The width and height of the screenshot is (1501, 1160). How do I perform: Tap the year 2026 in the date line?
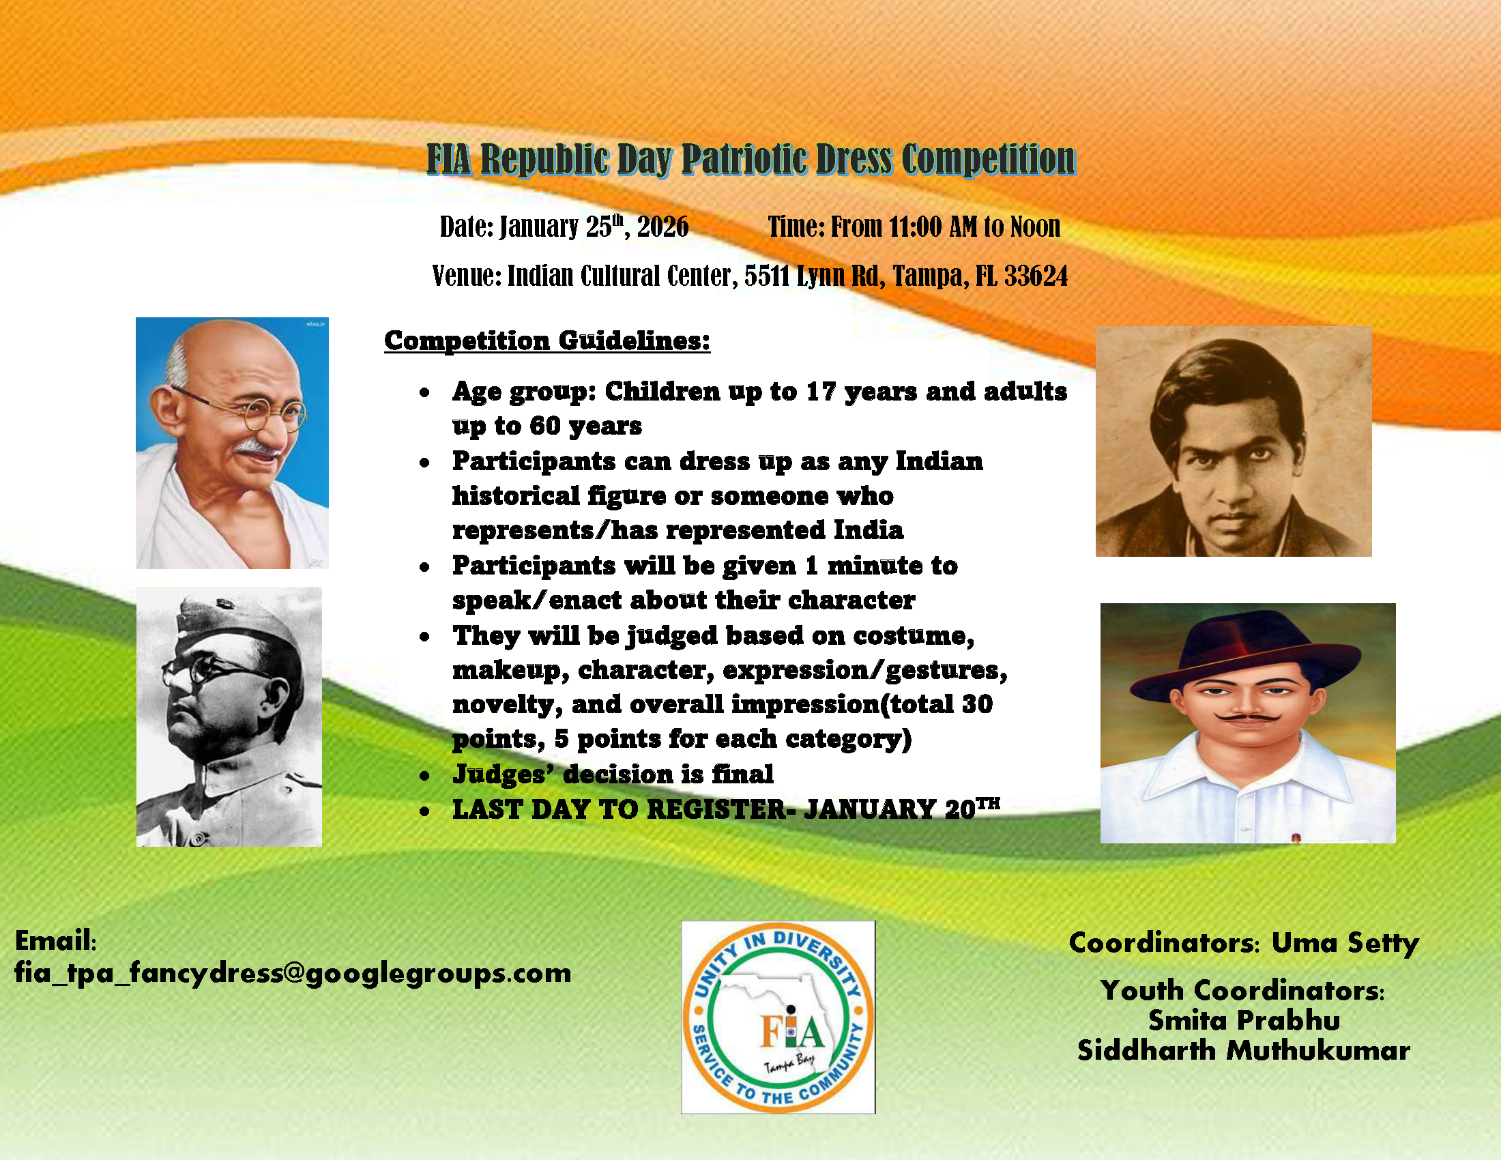coord(662,227)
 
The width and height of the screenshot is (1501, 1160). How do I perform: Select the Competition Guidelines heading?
coord(547,341)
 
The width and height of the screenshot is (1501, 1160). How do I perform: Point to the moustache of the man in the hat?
coord(1247,718)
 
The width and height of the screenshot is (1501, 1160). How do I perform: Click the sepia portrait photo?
coord(1234,441)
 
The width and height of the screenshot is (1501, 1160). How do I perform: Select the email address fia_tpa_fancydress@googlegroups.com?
coord(293,973)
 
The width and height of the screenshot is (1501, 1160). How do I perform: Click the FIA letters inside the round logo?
coord(791,1031)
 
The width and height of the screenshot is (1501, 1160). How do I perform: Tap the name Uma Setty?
coord(1345,943)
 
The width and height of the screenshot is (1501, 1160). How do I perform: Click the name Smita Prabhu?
coord(1244,1021)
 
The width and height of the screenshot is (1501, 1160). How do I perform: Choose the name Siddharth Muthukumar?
coord(1243,1051)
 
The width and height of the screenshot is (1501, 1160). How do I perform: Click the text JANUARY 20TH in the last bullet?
coord(902,808)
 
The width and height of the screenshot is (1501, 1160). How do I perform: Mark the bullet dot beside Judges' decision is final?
coord(425,776)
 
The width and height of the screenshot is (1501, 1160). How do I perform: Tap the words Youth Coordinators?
coord(1242,991)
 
